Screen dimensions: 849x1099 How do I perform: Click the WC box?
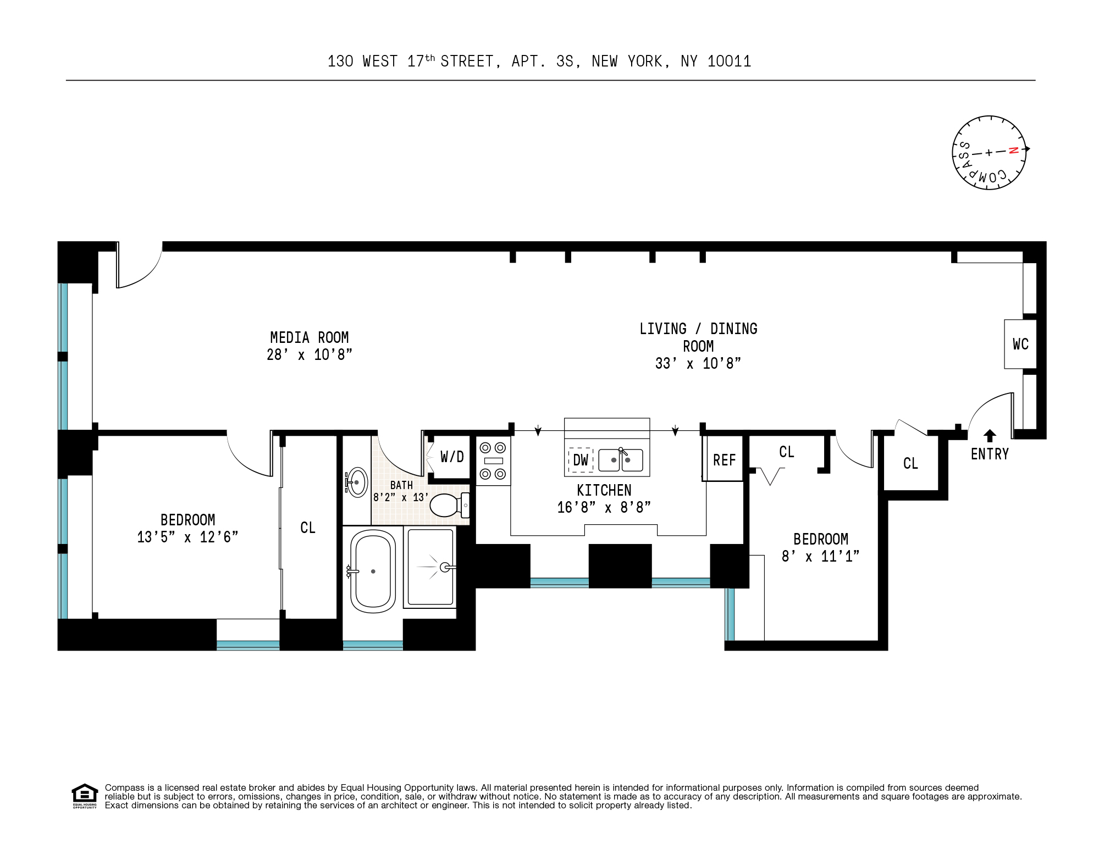pyautogui.click(x=1020, y=345)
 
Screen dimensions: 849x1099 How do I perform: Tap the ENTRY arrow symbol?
pyautogui.click(x=990, y=436)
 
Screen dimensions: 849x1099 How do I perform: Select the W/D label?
pyautogui.click(x=452, y=457)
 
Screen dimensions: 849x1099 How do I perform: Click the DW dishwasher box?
pyautogui.click(x=581, y=460)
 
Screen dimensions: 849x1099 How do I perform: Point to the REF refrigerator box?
pyautogui.click(x=724, y=460)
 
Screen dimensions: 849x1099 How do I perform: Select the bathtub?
pyautogui.click(x=373, y=571)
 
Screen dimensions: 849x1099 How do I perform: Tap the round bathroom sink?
pyautogui.click(x=357, y=482)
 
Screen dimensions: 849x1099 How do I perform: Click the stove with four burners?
pyautogui.click(x=493, y=460)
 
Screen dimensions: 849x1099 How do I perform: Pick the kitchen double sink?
pyautogui.click(x=621, y=460)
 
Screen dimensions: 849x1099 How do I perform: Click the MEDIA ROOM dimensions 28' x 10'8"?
pyautogui.click(x=309, y=355)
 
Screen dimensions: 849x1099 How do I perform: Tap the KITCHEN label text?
pyautogui.click(x=604, y=490)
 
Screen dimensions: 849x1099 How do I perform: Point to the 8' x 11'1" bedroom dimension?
pyautogui.click(x=820, y=557)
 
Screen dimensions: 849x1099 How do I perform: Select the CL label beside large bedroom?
pyautogui.click(x=308, y=528)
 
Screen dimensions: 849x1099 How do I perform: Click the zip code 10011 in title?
pyautogui.click(x=729, y=62)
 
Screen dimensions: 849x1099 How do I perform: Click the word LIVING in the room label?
pyautogui.click(x=662, y=329)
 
